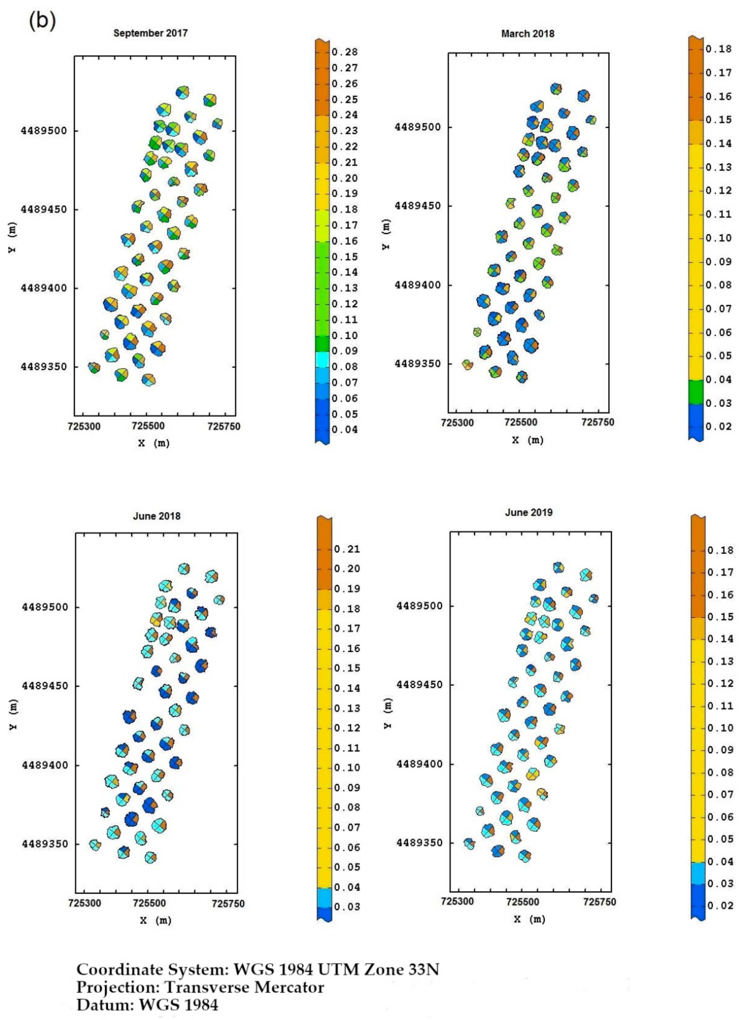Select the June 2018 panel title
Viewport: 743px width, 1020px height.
pyautogui.click(x=157, y=516)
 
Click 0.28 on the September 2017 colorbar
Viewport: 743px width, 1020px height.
pyautogui.click(x=345, y=52)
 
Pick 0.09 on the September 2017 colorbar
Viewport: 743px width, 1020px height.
pyautogui.click(x=345, y=351)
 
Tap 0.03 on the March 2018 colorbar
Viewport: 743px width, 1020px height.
pyautogui.click(x=719, y=403)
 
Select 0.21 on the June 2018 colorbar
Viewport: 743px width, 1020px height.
pyautogui.click(x=347, y=549)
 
